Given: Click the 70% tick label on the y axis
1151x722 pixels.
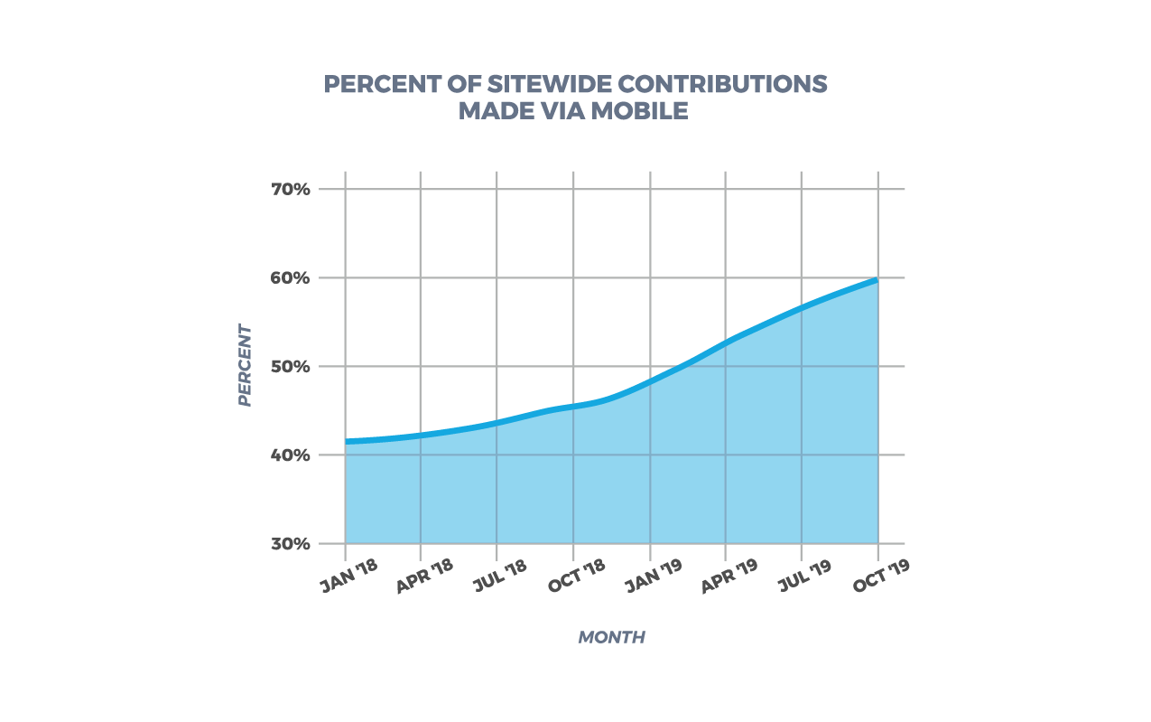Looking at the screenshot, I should click(x=290, y=190).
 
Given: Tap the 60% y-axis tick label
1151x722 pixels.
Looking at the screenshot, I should click(x=290, y=278).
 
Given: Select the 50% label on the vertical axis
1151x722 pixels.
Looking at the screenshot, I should click(x=290, y=367).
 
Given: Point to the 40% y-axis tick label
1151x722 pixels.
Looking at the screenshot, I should click(x=290, y=455).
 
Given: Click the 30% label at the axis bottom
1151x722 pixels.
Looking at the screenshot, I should click(x=290, y=544).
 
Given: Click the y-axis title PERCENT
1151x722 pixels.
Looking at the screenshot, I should click(x=245, y=365).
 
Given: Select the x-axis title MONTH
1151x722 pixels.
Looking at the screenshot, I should click(x=611, y=637).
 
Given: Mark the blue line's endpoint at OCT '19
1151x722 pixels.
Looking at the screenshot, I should click(x=877, y=280).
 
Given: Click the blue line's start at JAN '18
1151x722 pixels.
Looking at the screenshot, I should click(x=347, y=442).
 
